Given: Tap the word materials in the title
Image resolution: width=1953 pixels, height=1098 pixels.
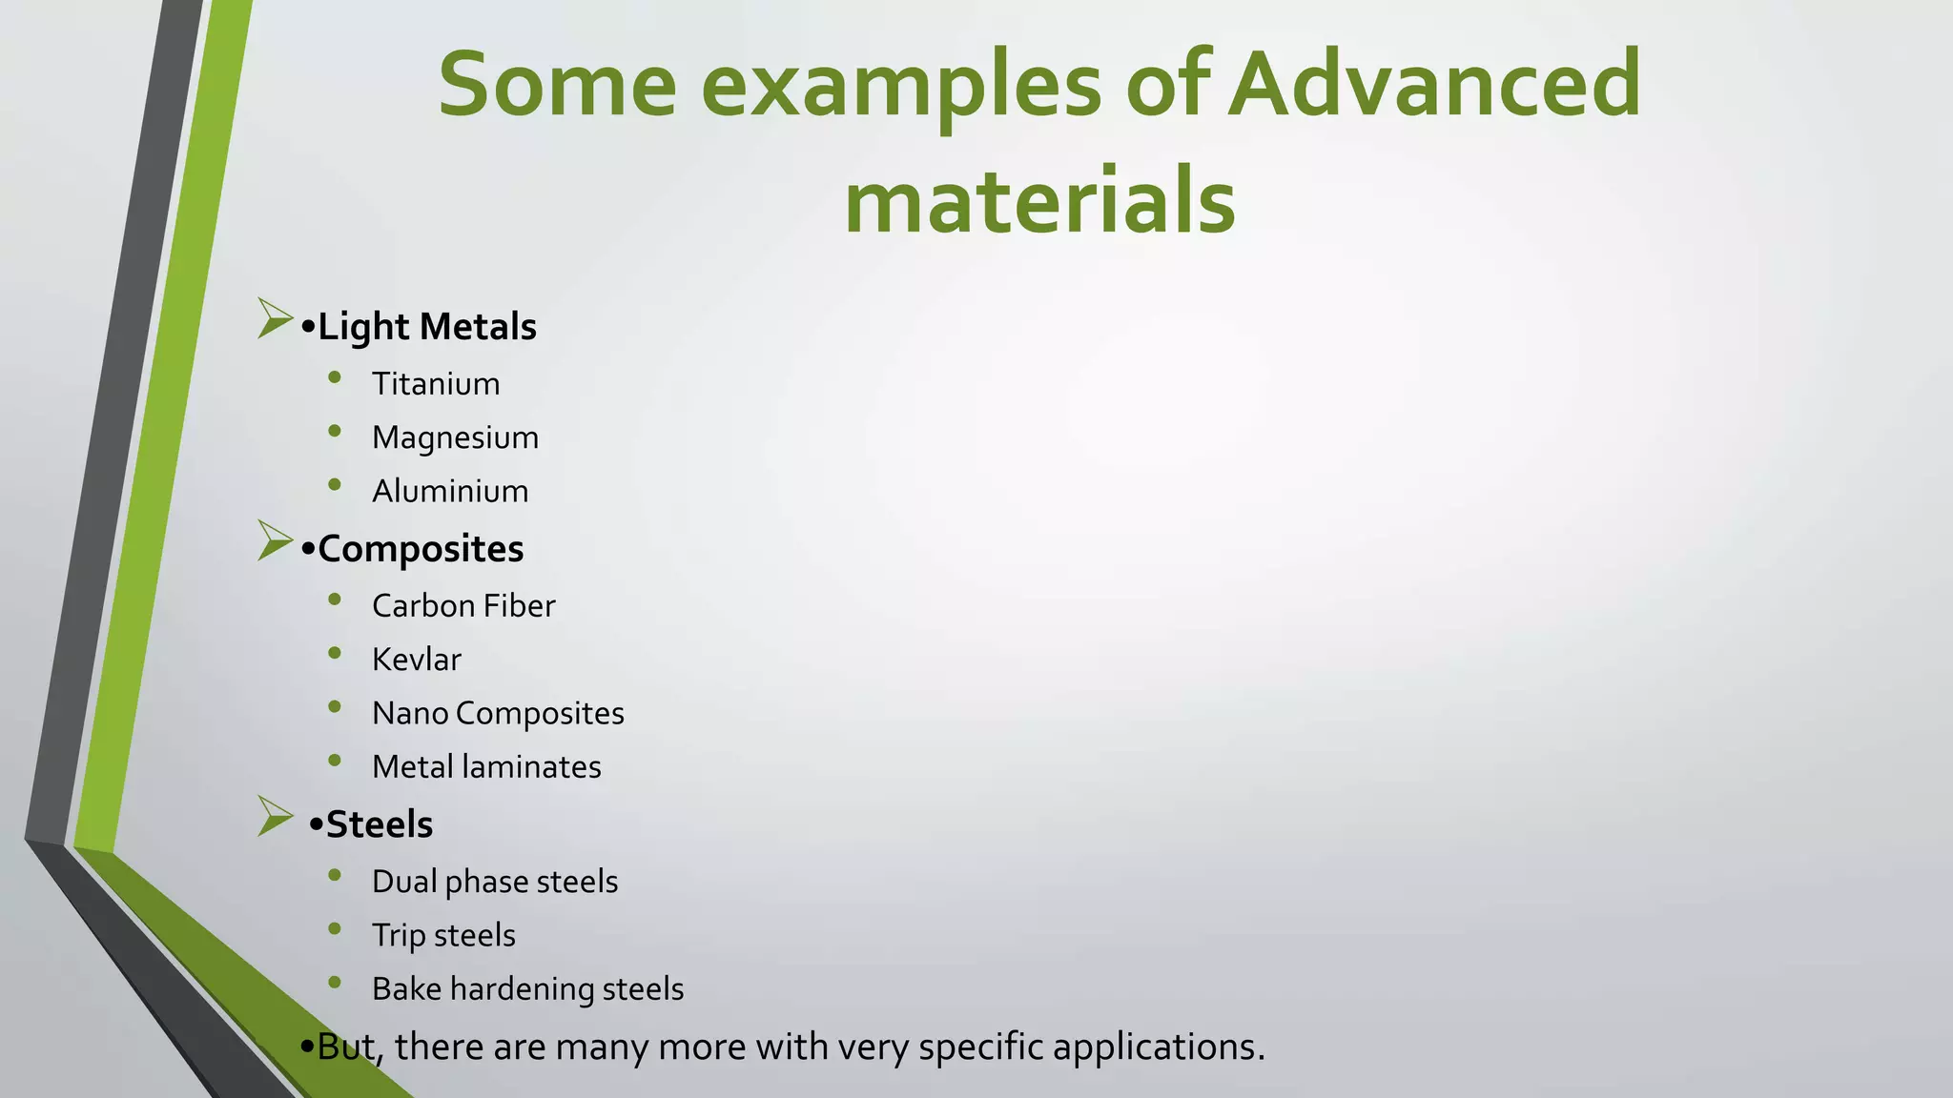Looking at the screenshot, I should [x=1039, y=201].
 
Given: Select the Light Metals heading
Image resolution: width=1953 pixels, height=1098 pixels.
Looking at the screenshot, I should [x=426, y=327].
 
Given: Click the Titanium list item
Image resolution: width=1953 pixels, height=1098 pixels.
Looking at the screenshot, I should [x=436, y=384].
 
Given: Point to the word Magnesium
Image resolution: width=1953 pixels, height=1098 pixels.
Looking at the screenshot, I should [x=455, y=437].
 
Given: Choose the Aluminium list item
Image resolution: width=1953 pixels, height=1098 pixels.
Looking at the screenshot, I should [x=450, y=491].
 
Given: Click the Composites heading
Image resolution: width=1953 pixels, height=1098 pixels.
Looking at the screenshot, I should [x=421, y=549].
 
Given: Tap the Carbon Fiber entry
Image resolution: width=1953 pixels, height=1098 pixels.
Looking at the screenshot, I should [x=463, y=606].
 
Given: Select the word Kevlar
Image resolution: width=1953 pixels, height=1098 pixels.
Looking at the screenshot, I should [x=417, y=660].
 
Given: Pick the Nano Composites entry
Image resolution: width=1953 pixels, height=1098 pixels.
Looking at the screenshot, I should [x=498, y=713].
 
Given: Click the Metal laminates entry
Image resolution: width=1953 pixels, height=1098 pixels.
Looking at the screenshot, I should [x=486, y=767].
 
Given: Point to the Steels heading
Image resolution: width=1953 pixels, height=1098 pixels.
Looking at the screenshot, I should [x=379, y=824].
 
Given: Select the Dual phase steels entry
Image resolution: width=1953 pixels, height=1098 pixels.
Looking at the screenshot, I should [x=495, y=882].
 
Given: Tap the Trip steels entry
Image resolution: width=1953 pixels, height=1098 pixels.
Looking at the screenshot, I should [x=443, y=935].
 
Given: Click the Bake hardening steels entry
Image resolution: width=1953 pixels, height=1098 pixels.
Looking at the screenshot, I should [x=527, y=989].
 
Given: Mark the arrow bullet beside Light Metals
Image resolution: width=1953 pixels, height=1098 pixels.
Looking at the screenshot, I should [x=274, y=318].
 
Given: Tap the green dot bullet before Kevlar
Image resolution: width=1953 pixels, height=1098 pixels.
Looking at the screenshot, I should [x=335, y=653].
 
